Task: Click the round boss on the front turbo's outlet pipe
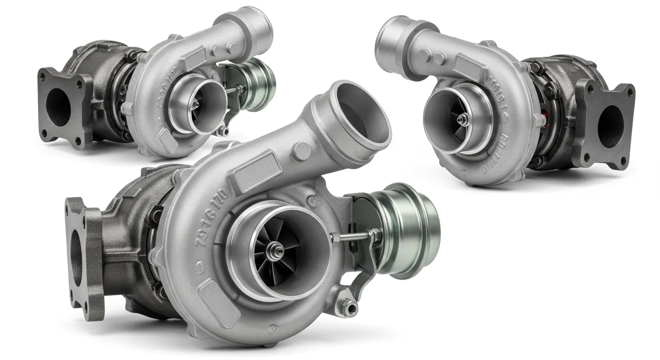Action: (302, 150)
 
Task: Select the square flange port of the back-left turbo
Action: (59, 107)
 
